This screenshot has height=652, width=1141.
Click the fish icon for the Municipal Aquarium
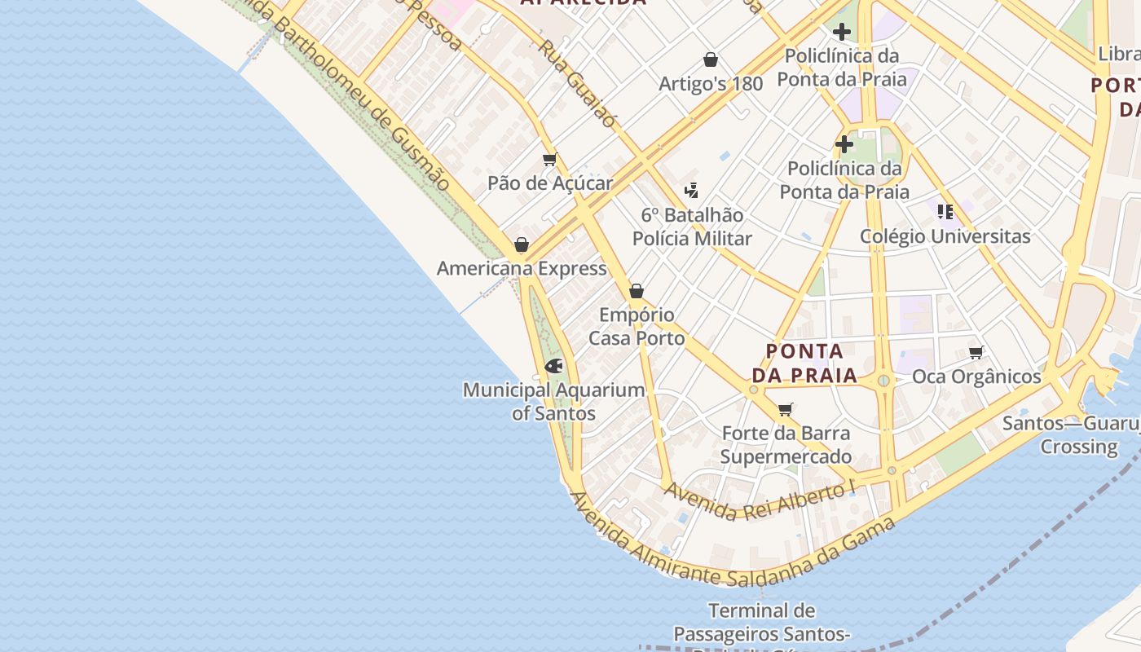coord(554,366)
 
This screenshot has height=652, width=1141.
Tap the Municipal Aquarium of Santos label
coord(554,402)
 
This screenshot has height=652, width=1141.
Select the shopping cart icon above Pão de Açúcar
coord(549,160)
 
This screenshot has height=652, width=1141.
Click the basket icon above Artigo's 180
coord(711,59)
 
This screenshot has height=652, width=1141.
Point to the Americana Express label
coord(522,268)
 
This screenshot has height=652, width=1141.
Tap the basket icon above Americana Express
coord(522,244)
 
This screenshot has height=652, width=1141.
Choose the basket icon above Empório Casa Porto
coord(637,291)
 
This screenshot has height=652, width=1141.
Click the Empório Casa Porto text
coord(637,326)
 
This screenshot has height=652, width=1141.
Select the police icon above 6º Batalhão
coord(692,191)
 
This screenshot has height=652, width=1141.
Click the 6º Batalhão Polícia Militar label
coord(692,227)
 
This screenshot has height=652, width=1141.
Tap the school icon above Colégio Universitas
coord(945,212)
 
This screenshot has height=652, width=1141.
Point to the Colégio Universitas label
coord(945,236)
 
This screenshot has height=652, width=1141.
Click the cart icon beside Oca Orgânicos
coord(976,352)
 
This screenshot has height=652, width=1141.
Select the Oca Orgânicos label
coord(976,377)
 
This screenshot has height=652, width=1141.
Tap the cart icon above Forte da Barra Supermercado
coord(786,409)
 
